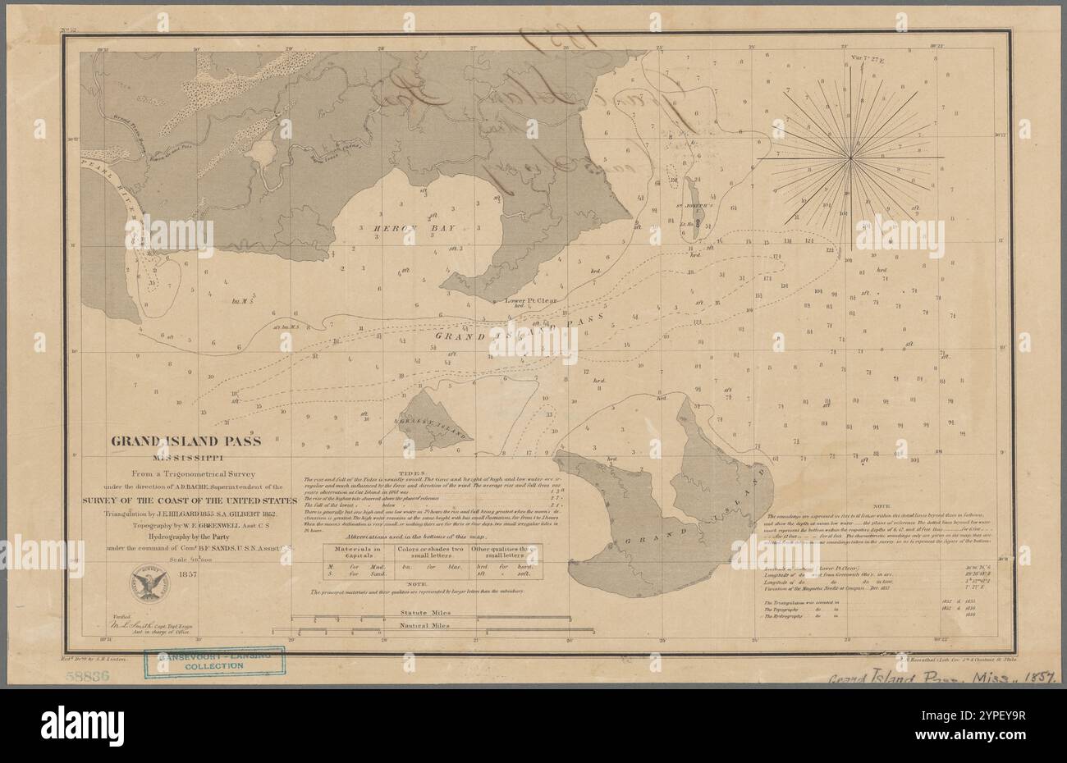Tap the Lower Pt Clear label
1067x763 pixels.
coord(533,299)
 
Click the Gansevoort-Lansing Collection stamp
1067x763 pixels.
coord(214,660)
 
